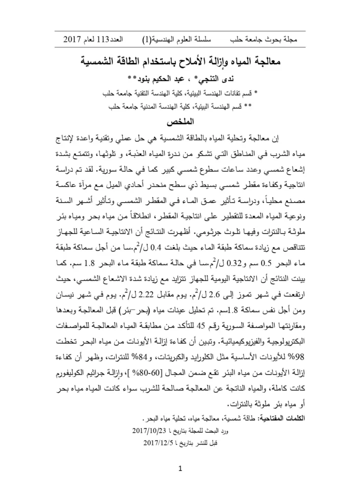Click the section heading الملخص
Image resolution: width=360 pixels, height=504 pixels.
(x=180, y=121)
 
